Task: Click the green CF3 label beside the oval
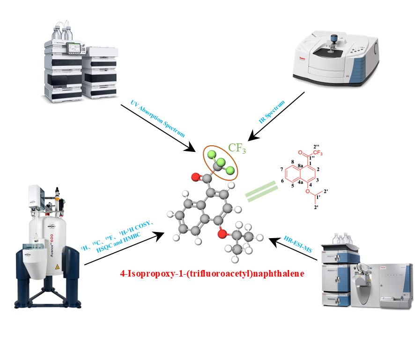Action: [237, 148]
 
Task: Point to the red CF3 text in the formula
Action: [319, 153]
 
